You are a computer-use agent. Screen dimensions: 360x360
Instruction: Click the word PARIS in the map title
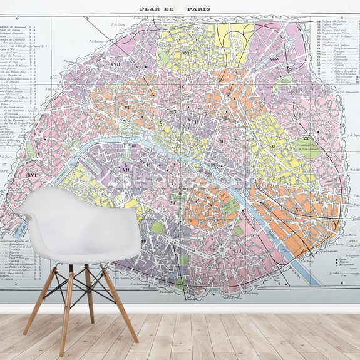[198, 9]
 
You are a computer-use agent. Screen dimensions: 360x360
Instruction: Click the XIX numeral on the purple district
[274, 59]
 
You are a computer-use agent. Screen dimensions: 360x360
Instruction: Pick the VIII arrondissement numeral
[128, 108]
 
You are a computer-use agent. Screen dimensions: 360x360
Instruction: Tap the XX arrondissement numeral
[306, 138]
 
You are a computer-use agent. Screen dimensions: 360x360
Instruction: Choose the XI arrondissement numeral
[274, 146]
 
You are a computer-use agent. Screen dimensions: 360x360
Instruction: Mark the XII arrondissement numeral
[299, 210]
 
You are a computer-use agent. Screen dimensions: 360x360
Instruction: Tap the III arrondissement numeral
[222, 142]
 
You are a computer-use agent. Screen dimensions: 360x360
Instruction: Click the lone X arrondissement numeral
[234, 99]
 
